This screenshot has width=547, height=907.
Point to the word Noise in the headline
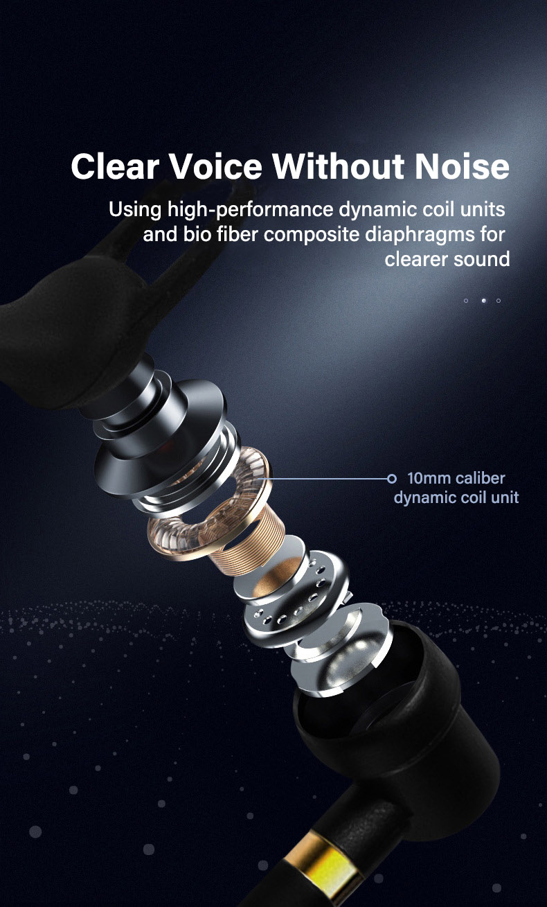pyautogui.click(x=463, y=167)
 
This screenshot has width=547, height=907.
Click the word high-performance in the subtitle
pyautogui.click(x=251, y=209)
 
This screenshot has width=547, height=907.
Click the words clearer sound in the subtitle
pyautogui.click(x=447, y=259)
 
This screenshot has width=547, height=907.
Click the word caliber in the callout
pyautogui.click(x=481, y=478)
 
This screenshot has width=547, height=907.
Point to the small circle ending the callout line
pyautogui.click(x=392, y=478)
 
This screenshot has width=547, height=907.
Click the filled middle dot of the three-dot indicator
pyautogui.click(x=483, y=301)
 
